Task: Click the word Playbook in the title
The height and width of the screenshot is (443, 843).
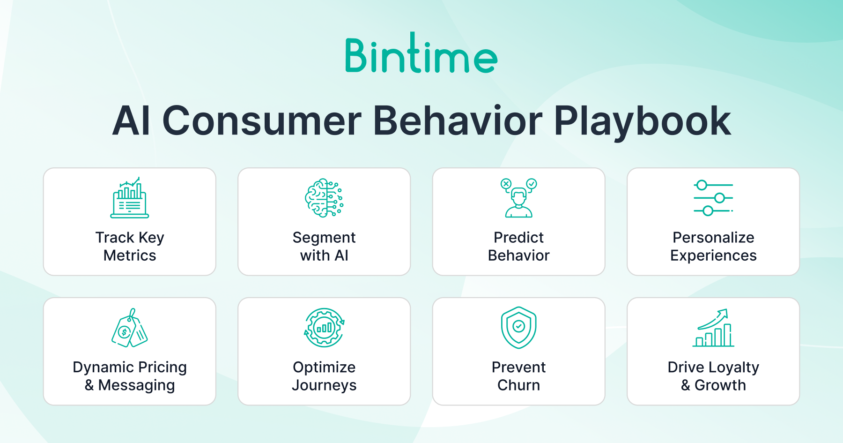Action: point(642,121)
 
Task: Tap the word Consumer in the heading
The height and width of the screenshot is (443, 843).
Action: point(262,121)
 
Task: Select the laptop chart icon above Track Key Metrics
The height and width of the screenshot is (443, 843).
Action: point(130,197)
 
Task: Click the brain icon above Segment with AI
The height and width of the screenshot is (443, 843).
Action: point(324,197)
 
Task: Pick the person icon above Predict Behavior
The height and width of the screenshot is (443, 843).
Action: point(518,197)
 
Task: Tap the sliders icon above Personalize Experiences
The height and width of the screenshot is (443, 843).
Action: point(713,198)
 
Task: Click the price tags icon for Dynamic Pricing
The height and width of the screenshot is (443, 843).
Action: point(130,328)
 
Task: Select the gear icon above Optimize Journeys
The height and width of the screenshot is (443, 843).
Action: point(324,328)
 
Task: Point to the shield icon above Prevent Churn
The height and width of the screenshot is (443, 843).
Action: point(518,328)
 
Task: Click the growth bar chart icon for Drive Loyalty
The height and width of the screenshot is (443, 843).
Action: point(713,328)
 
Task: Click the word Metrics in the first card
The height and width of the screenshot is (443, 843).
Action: point(130,255)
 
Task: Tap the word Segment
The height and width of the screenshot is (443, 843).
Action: point(324,238)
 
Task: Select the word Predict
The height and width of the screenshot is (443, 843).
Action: point(518,237)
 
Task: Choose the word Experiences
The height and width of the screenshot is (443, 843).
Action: point(713,256)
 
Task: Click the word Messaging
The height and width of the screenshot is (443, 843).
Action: point(137,386)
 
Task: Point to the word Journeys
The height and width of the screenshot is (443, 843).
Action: point(324,386)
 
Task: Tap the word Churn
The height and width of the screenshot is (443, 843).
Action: point(518,385)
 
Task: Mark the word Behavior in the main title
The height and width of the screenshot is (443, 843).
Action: point(458,121)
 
